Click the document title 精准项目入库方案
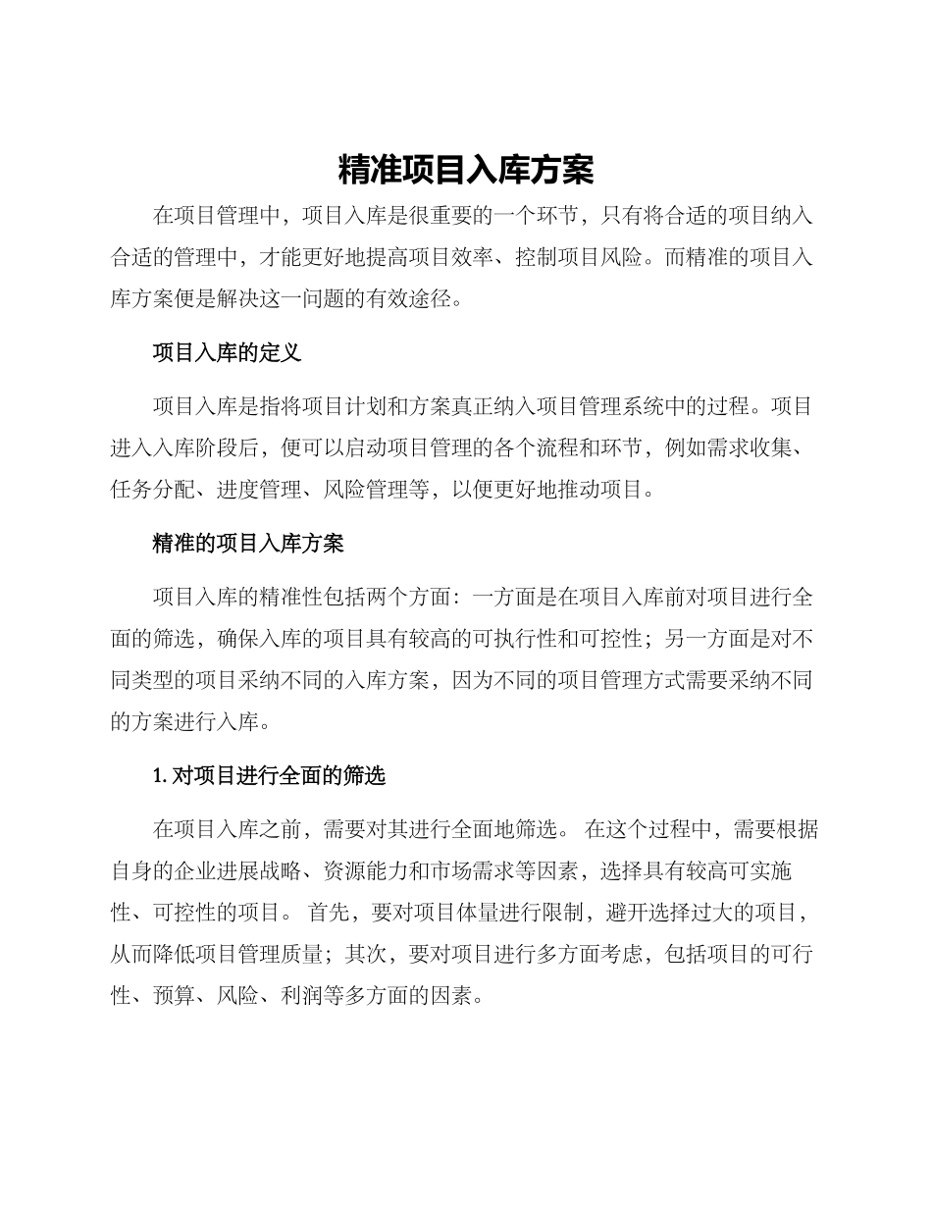click(x=466, y=170)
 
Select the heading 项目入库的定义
click(x=227, y=353)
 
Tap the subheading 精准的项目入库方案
click(x=248, y=543)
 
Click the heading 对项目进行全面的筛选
click(x=279, y=776)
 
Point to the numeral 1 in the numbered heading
click(x=158, y=776)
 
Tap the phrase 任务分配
click(x=152, y=490)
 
